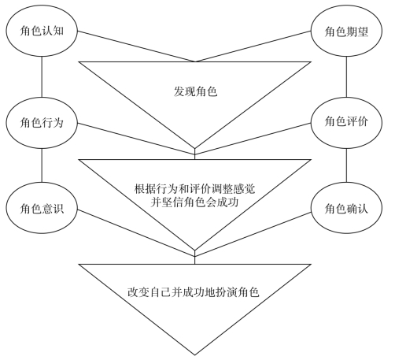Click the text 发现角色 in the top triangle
point(195,91)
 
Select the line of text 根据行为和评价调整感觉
point(194,189)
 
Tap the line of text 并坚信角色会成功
point(194,202)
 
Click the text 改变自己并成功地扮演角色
point(194,292)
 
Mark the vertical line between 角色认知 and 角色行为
point(42,76)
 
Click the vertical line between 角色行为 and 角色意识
point(42,165)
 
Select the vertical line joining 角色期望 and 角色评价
point(346,76)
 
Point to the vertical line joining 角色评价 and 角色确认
point(346,165)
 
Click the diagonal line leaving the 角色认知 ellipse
point(136,46)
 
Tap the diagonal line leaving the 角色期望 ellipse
point(253,46)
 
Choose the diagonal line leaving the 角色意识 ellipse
point(136,232)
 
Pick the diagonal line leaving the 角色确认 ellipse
point(253,234)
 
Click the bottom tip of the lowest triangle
point(194,355)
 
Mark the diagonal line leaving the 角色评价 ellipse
point(253,139)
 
